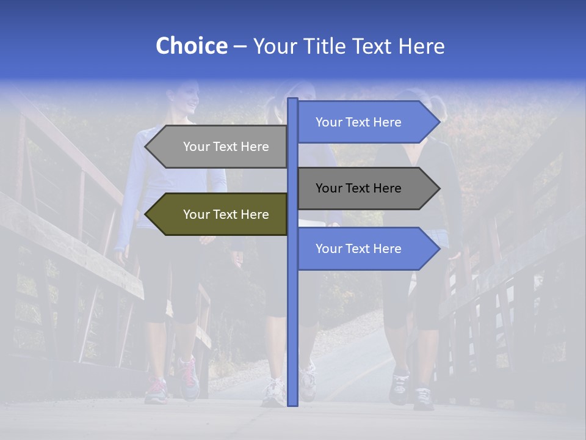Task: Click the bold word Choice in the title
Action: (191, 46)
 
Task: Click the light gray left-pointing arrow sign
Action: (220, 147)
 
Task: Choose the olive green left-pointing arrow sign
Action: (220, 215)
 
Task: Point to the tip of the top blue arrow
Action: (438, 122)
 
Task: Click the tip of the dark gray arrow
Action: (438, 188)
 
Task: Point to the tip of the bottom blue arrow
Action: (438, 249)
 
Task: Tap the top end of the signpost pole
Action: (293, 100)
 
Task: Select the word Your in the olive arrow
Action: (196, 215)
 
